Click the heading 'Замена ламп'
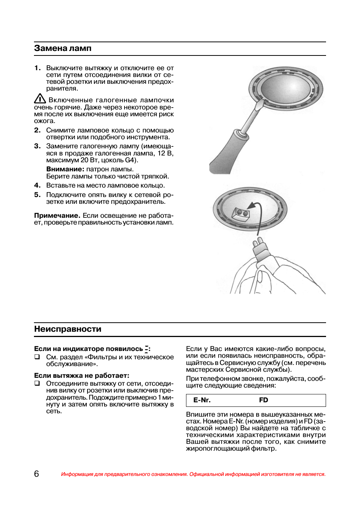point(63,48)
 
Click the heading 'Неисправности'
point(68,329)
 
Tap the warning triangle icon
point(40,99)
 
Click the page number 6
point(36,474)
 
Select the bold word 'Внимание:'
point(65,169)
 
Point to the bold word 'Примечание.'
point(57,215)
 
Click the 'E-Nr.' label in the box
point(202,400)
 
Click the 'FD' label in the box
point(263,400)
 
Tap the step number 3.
point(37,146)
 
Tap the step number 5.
point(37,195)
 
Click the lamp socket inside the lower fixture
point(240,213)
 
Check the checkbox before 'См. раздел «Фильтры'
point(37,357)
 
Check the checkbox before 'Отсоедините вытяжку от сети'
point(37,383)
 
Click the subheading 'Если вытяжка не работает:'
point(82,376)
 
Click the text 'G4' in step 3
point(130,160)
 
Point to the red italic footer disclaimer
point(193,474)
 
